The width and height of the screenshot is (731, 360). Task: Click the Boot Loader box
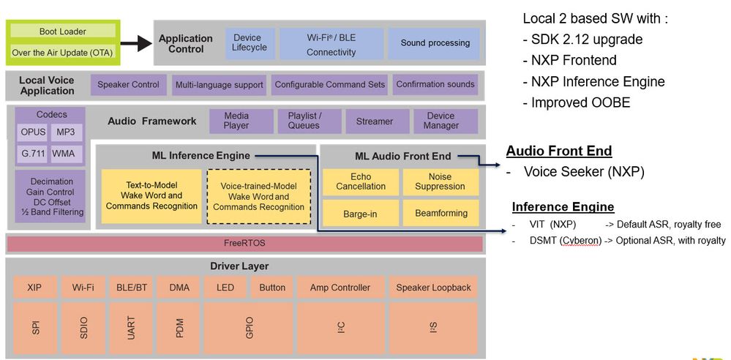point(62,31)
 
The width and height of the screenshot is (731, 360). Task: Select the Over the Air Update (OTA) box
point(62,53)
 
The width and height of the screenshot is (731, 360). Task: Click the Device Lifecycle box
point(247,43)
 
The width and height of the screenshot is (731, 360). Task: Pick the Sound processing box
point(434,43)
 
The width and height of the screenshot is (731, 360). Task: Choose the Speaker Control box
point(129,84)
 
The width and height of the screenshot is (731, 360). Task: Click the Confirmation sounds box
point(435,84)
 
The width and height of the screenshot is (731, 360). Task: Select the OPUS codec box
point(33,132)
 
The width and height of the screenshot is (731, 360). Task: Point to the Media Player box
point(236,121)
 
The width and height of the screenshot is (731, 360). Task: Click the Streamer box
point(374,121)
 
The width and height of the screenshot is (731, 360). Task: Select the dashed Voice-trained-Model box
point(258,197)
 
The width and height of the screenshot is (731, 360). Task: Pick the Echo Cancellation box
point(361,181)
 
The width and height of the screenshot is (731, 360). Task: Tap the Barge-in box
point(361,213)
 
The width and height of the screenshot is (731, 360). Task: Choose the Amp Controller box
point(340,288)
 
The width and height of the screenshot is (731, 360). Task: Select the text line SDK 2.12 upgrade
point(581,39)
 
